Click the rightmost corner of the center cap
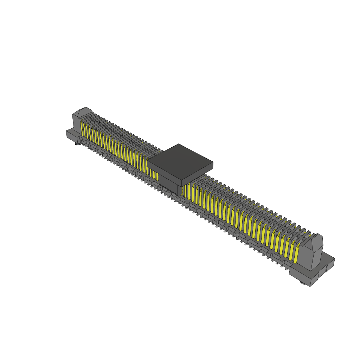(213, 163)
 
